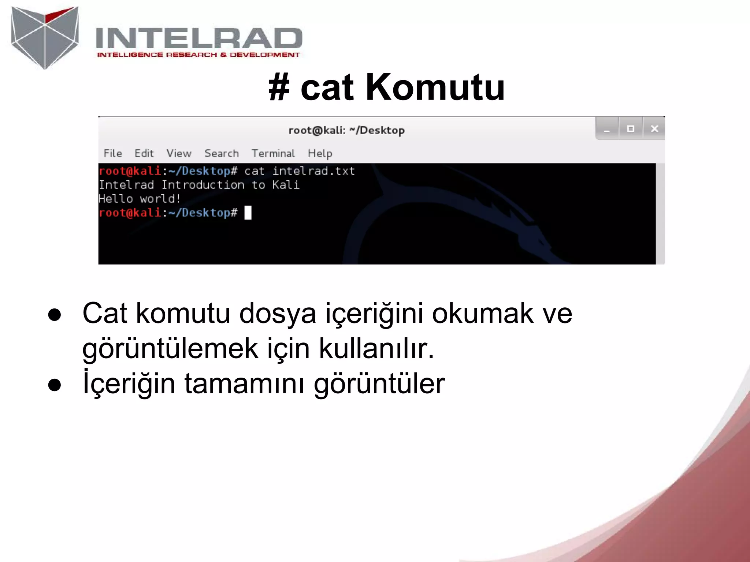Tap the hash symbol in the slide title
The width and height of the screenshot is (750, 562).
(279, 88)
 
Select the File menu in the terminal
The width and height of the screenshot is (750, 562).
(113, 153)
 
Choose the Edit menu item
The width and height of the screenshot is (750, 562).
(144, 153)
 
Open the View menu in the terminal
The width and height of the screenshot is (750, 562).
(179, 153)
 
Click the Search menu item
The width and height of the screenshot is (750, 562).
(222, 153)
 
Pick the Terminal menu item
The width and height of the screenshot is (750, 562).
(273, 153)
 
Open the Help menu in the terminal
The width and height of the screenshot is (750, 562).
(320, 153)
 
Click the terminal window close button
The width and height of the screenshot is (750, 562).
(654, 129)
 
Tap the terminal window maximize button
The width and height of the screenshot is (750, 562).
(631, 129)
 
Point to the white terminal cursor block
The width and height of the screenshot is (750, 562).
(248, 213)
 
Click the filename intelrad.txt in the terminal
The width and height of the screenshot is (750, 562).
(314, 171)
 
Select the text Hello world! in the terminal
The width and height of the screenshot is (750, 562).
(140, 199)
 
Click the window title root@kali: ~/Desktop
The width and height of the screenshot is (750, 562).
(346, 130)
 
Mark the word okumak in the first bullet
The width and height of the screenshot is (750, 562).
(483, 314)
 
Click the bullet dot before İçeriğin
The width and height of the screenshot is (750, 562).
(55, 385)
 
